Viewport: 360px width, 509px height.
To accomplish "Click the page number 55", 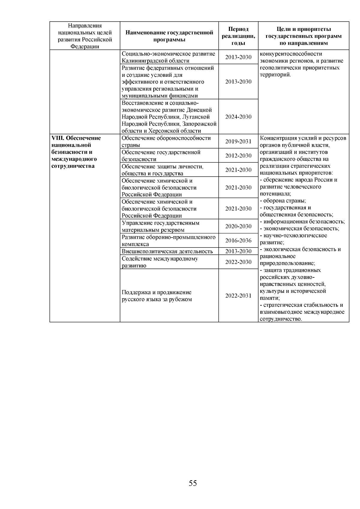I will (193, 483).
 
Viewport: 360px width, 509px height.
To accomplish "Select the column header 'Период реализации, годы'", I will (238, 36).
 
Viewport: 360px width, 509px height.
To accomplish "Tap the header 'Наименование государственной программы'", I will (169, 36).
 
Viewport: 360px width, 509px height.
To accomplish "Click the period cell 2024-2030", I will (238, 117).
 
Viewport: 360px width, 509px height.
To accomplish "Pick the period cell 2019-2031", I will (238, 141).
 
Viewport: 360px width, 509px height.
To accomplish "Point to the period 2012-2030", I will (238, 156).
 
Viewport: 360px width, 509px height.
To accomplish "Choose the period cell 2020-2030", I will (238, 226).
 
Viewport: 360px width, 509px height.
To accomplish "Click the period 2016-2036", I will (238, 241).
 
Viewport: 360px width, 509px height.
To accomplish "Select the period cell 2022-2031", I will (238, 296).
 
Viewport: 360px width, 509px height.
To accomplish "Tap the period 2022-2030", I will (238, 262).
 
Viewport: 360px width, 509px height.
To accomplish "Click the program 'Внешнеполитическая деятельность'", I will (167, 251).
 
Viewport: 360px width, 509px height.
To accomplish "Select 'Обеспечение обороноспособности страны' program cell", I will (166, 141).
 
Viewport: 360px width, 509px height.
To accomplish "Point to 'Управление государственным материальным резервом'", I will (160, 226).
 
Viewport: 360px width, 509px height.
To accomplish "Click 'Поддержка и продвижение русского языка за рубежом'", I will (157, 296).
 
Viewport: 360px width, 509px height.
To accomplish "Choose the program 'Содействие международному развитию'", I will (160, 262).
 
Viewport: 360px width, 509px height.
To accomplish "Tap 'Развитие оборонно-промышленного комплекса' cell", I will (168, 241).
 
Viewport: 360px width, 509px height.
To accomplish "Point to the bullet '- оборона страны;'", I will (283, 201).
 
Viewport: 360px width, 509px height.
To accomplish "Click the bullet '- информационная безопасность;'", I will (302, 222).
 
